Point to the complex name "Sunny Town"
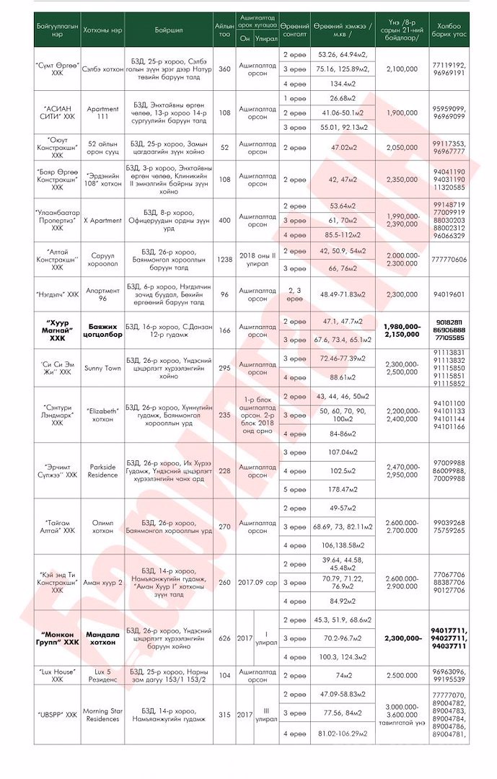pos(103,368)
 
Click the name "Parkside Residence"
pos(103,471)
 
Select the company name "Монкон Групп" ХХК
pos(60,638)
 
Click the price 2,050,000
pos(402,147)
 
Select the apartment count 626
pos(224,638)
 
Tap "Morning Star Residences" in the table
pos(103,715)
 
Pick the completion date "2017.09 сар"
pos(258,581)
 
